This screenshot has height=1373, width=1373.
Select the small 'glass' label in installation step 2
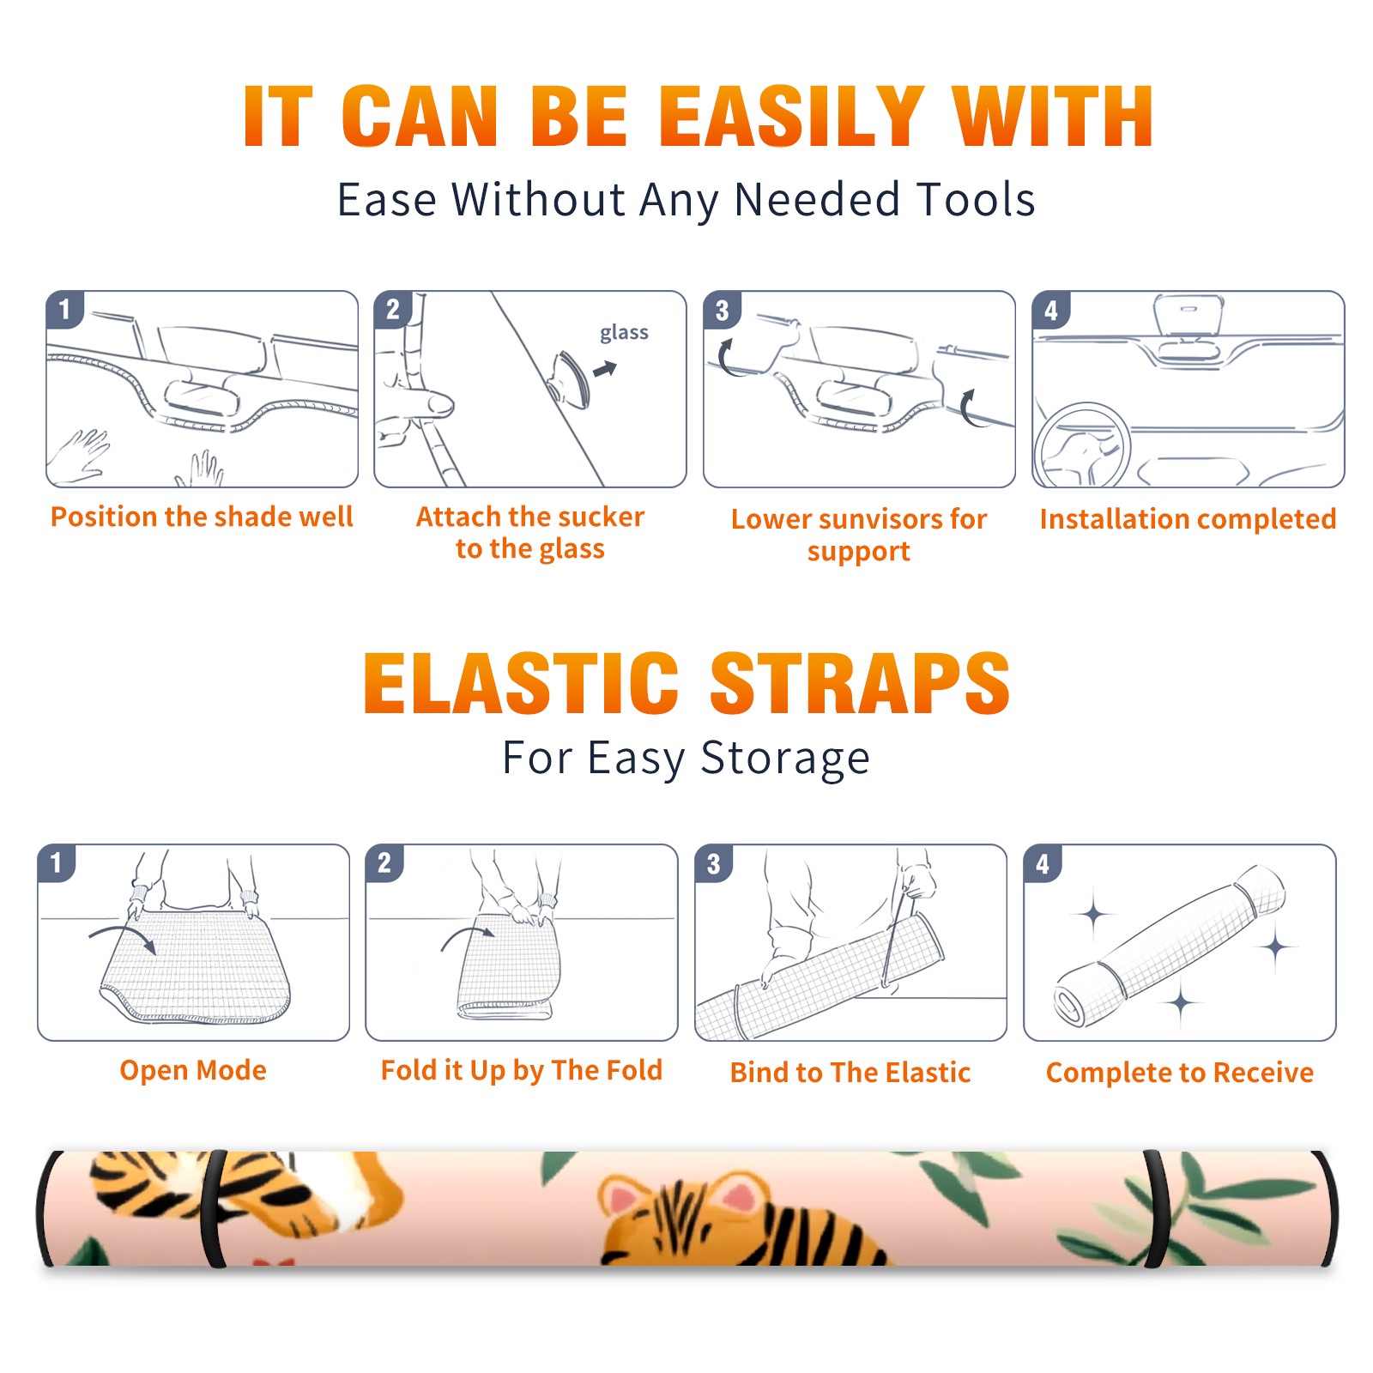624,332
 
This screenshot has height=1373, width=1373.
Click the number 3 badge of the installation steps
723,311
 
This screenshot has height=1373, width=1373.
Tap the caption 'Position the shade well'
202,517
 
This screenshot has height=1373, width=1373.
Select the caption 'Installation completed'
1188,519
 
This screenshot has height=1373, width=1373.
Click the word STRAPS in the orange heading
860,683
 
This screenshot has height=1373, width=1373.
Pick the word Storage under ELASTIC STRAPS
785,759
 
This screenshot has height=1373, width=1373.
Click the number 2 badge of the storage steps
384,863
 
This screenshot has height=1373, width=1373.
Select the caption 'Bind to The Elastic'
850,1073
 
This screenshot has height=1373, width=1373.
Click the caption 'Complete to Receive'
1180,1073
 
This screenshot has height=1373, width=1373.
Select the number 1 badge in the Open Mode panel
57,863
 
